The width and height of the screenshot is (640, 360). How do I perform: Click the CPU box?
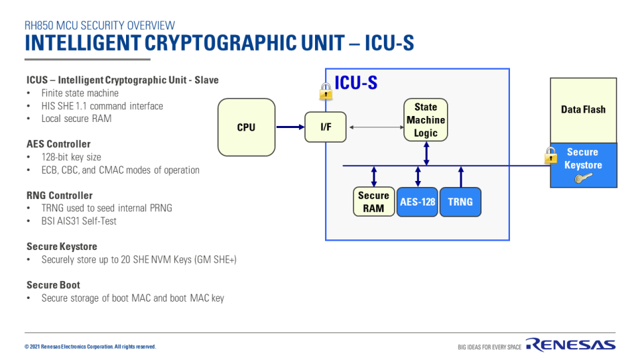pos(246,127)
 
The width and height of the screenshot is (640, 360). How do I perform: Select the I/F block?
pos(326,127)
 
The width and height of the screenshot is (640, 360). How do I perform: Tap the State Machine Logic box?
pos(426,120)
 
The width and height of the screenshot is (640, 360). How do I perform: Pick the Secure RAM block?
pos(373,202)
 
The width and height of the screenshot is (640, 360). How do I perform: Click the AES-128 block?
pos(418,202)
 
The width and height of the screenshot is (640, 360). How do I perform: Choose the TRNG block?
pos(460,202)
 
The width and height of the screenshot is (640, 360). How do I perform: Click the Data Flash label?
pos(583,109)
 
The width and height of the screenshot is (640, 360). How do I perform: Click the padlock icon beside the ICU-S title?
pos(326,91)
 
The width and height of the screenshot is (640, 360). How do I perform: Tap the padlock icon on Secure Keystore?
pos(550,155)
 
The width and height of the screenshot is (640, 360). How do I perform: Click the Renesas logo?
pos(570,345)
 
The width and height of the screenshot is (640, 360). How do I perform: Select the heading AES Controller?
pos(58,144)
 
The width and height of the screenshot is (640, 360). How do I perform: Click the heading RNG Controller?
pos(60,196)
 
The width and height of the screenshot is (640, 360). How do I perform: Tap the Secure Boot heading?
pos(53,285)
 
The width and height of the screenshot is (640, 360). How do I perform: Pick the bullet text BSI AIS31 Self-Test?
pos(79,221)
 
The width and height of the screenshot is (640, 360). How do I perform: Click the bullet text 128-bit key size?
pos(71,157)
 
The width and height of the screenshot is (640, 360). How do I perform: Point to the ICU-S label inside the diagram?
pos(356,83)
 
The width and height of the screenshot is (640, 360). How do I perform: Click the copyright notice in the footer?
pos(90,347)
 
